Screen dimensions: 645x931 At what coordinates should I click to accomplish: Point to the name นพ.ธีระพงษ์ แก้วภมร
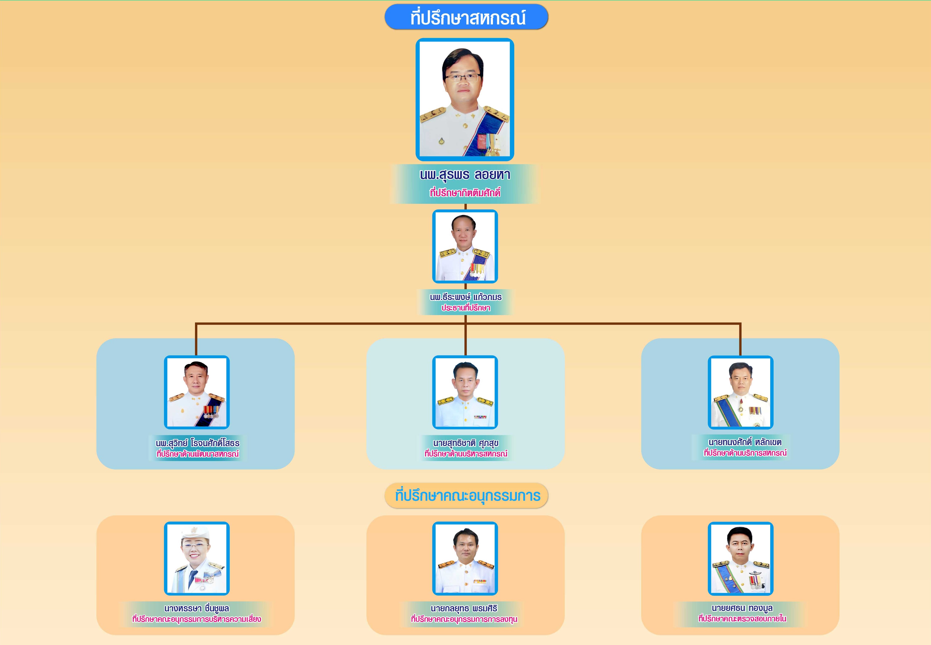click(466, 297)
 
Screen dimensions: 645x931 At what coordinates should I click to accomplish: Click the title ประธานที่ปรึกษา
click(466, 308)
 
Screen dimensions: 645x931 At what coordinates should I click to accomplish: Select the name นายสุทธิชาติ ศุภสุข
click(466, 443)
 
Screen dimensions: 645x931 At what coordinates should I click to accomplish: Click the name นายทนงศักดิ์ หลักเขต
click(745, 442)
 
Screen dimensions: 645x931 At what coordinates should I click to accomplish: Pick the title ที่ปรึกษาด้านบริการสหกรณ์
click(745, 453)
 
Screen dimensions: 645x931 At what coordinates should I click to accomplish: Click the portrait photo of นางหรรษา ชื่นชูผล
click(197, 559)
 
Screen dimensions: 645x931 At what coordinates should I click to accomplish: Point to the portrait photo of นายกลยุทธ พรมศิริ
click(465, 559)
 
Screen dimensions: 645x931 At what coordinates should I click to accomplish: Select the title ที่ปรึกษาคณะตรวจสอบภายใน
click(742, 619)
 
